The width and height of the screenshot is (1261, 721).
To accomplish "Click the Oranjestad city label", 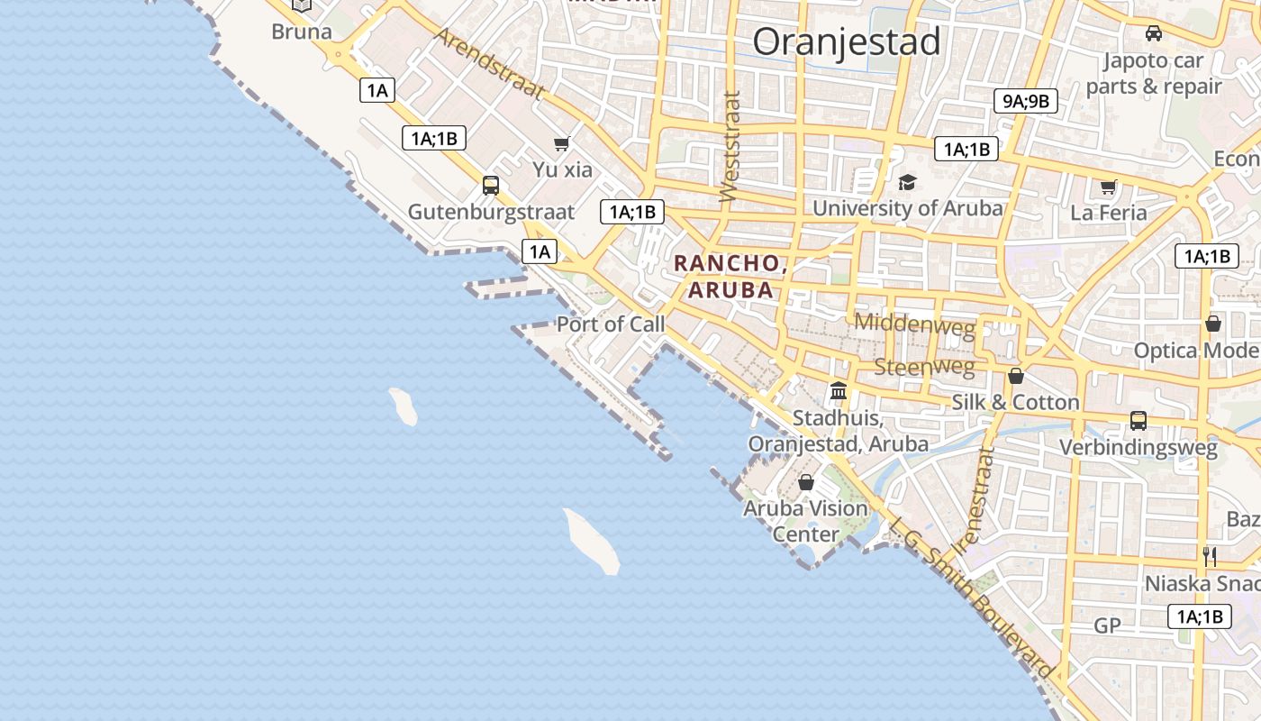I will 847,41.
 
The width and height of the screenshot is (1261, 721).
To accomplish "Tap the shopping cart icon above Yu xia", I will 562,143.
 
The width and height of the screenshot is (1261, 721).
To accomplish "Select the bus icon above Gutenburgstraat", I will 491,186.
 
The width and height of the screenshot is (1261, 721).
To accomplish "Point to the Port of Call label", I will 611,324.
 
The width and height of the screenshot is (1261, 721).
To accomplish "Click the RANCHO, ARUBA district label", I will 730,277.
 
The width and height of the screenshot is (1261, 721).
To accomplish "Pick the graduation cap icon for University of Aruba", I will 907,182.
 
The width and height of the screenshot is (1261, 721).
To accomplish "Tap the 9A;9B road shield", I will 1025,101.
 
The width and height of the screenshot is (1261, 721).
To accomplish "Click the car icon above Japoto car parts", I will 1153,34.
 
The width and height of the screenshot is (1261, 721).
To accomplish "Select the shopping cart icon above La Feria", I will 1108,187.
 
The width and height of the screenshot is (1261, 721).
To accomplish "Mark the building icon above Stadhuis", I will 839,391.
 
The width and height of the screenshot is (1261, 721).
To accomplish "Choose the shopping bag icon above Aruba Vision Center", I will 806,482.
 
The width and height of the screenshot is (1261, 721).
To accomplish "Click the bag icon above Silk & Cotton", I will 1016,376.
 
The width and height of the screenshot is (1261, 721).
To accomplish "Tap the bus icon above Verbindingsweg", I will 1139,421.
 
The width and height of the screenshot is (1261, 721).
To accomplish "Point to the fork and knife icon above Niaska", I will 1210,556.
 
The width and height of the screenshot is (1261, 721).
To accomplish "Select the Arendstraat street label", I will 490,61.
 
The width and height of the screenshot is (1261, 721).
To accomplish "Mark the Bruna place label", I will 302,32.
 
